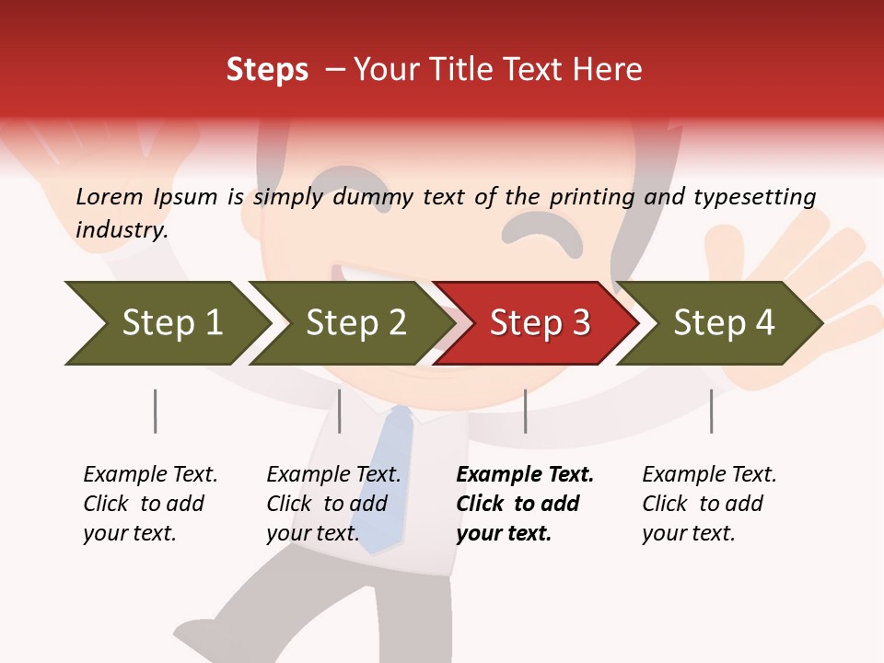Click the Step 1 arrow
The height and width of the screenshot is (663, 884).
[x=166, y=322]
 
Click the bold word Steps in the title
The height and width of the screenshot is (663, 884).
[x=267, y=69]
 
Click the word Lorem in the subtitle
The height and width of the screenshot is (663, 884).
[x=110, y=196]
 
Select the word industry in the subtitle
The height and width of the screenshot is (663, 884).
[x=121, y=229]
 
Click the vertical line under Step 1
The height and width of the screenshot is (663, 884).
[x=155, y=411]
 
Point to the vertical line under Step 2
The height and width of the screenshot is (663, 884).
[x=340, y=411]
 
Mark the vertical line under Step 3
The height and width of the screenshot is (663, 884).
[x=526, y=411]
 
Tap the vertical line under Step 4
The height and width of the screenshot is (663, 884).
[x=711, y=411]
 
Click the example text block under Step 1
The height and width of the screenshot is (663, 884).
[x=150, y=504]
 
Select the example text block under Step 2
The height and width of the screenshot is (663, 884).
[x=333, y=504]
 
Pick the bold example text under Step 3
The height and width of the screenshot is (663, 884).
[x=524, y=504]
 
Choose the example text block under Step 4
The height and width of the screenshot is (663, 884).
[x=709, y=504]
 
